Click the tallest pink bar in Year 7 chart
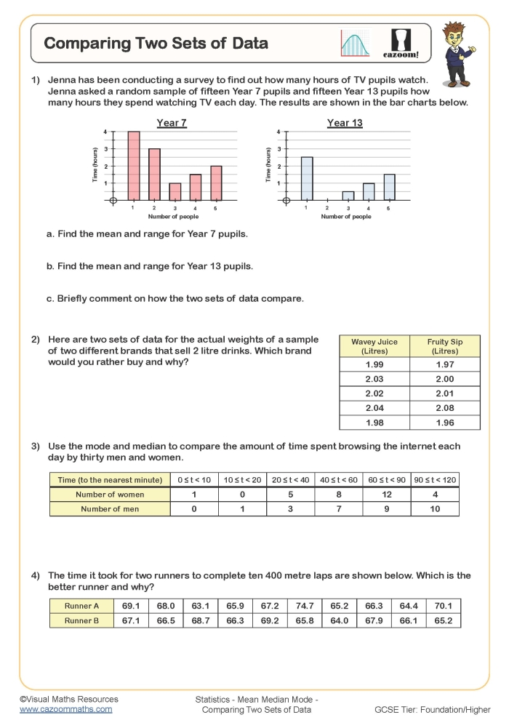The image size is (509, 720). [134, 166]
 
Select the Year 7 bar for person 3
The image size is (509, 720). [175, 192]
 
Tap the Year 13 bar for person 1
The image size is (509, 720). [307, 179]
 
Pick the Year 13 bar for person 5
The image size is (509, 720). [389, 188]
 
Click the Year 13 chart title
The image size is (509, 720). [345, 123]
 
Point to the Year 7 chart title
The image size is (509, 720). [172, 123]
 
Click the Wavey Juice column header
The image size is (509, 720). [374, 346]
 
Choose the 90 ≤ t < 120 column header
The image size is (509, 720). [435, 480]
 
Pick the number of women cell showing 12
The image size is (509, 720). [386, 495]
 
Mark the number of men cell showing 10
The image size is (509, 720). [435, 509]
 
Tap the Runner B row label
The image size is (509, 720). [82, 620]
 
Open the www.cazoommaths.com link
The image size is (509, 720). [65, 708]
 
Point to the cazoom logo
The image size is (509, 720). [401, 44]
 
